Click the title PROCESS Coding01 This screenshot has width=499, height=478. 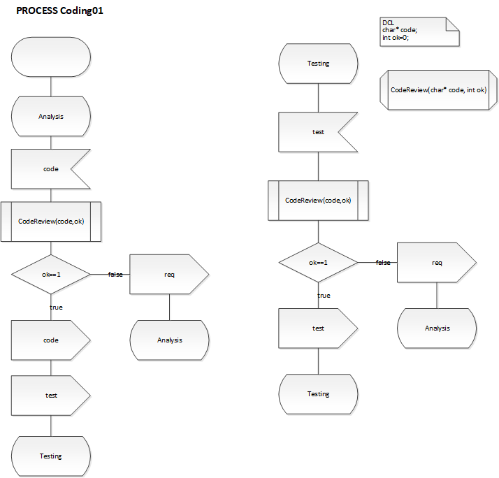61,12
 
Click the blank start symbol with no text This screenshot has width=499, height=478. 51,57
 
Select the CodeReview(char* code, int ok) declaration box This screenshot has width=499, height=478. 438,90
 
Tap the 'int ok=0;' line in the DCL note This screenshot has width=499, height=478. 396,37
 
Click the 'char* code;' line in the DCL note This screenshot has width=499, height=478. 398,30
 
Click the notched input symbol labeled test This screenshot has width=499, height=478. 315,132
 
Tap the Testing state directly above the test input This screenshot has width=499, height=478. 318,64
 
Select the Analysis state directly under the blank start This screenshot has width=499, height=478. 51,116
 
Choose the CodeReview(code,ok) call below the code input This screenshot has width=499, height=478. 51,222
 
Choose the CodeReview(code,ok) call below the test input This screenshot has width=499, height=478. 318,201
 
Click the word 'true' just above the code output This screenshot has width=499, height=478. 56,307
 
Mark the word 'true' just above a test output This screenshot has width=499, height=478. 324,296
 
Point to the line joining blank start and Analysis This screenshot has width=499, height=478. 51,86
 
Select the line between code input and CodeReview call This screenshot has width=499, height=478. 51,195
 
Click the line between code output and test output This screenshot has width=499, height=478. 51,368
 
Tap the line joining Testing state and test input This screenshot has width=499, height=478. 318,97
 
